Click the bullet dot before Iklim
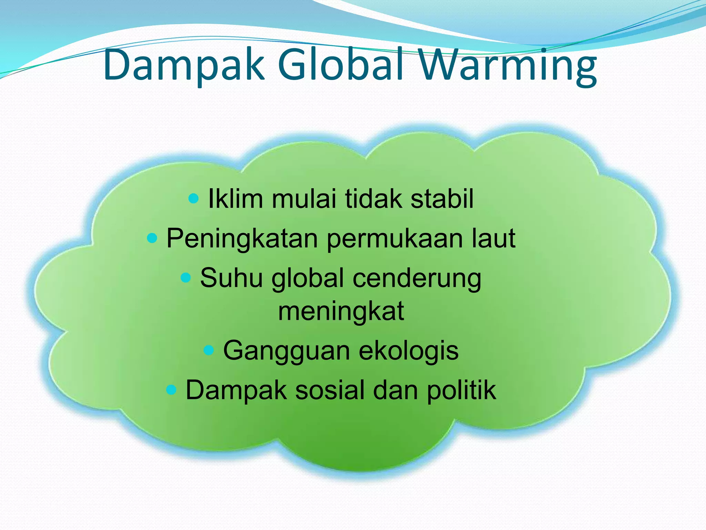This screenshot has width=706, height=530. (194, 198)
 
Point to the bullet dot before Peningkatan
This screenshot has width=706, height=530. (152, 238)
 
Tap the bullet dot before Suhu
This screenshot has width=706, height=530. (186, 277)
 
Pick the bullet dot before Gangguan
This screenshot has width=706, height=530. (209, 351)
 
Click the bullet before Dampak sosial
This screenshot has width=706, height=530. (171, 390)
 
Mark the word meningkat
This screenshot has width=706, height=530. (341, 312)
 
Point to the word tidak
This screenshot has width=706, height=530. (373, 199)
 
